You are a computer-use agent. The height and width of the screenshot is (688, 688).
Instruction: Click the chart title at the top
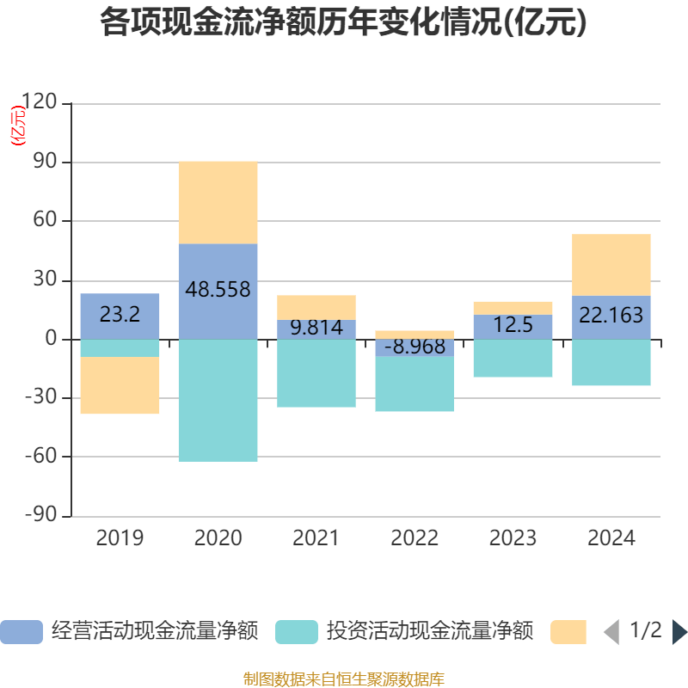pos(343,23)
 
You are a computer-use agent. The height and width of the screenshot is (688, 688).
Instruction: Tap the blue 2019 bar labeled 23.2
pos(120,316)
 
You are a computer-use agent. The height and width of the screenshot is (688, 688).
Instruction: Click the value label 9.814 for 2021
pos(316,328)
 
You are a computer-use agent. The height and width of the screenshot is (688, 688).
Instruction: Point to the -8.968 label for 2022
pos(415,347)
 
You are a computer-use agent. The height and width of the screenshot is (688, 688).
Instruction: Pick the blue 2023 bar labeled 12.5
pos(513,326)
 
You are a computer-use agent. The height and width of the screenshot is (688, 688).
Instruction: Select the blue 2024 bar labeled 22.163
pos(611,316)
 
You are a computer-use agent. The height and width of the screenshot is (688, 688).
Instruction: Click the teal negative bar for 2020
pos(218,400)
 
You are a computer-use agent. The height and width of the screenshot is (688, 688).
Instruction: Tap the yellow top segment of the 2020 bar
pos(218,202)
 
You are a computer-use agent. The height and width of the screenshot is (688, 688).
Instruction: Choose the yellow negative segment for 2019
pos(120,385)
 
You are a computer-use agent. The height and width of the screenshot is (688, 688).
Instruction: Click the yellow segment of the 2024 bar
pos(611,264)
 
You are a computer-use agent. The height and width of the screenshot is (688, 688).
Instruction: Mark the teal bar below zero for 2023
pos(513,359)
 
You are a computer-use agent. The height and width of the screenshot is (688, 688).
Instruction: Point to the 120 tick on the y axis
pos(39,103)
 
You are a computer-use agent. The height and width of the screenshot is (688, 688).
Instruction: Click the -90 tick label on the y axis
pos(39,516)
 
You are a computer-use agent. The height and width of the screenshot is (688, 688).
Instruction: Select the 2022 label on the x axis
pos(415,538)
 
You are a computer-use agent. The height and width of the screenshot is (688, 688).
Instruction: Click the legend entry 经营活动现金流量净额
pos(129,632)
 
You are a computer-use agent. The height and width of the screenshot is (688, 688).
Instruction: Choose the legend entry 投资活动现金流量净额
pos(404,632)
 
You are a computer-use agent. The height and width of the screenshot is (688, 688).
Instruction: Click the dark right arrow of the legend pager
pos(679,632)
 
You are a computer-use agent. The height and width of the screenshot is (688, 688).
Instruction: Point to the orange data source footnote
pos(343,679)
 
